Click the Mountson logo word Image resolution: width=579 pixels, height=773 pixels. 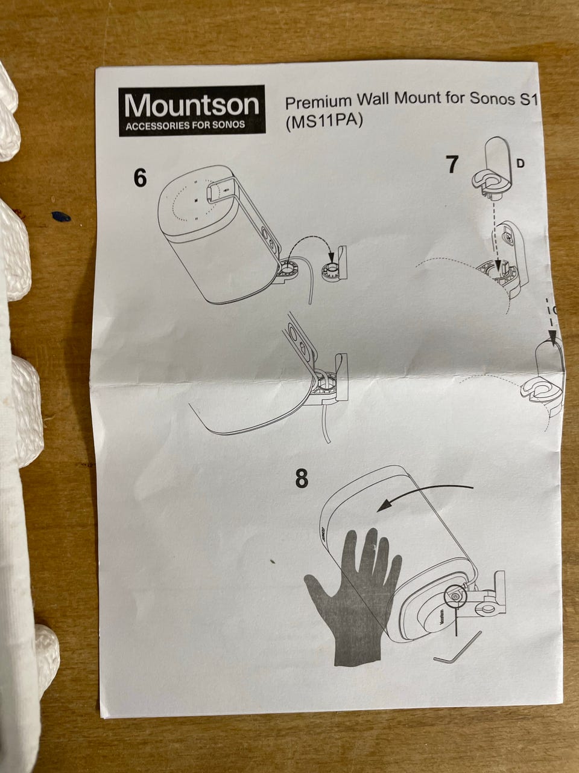click(x=192, y=106)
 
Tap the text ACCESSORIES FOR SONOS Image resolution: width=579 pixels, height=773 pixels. click(x=185, y=125)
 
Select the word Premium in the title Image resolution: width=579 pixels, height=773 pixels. click(x=318, y=102)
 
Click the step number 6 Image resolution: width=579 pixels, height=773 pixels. click(x=141, y=179)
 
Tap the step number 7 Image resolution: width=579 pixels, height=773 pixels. click(x=452, y=164)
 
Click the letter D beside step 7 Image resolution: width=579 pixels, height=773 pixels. click(x=520, y=164)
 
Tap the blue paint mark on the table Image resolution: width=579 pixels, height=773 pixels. click(x=61, y=217)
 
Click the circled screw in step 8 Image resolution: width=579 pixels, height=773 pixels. click(x=455, y=596)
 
